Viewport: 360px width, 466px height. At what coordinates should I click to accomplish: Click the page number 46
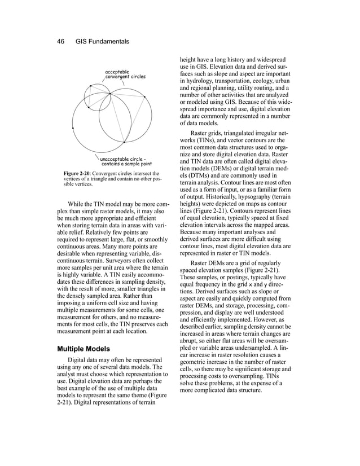click(61, 41)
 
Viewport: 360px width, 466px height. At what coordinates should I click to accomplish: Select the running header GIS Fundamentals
click(102, 41)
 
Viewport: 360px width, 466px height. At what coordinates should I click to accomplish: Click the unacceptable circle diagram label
click(126, 161)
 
